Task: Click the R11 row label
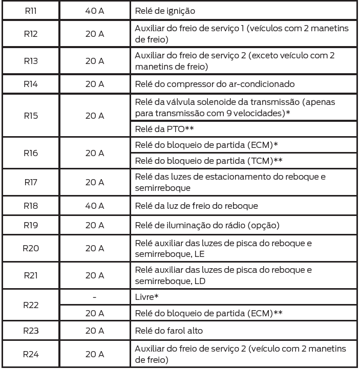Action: tap(30, 10)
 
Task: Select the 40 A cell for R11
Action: tap(95, 10)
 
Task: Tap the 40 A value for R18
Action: tap(95, 207)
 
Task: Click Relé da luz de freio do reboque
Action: tap(196, 207)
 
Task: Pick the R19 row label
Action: tap(30, 225)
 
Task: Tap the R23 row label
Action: tap(30, 331)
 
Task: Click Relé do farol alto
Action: tap(169, 331)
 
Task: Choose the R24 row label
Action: tap(30, 354)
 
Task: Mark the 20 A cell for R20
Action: tap(95, 248)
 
